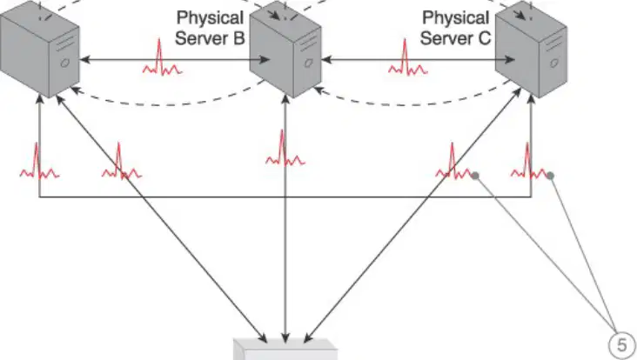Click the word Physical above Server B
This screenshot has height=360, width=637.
pos(210,18)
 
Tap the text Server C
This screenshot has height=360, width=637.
pos(456,38)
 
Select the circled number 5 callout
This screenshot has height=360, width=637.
pos(622,345)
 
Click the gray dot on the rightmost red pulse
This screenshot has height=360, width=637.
pos(550,176)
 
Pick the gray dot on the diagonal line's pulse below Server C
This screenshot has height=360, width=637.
pos(475,176)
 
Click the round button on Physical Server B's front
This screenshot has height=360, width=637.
pos(309,63)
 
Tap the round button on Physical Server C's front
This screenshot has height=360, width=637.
pos(554,63)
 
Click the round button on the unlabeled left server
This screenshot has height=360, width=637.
pos(64,63)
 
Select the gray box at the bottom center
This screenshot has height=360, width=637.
pos(285,350)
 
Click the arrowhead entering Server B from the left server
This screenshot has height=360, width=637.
pos(265,60)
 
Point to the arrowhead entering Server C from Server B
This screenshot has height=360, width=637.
pos(510,60)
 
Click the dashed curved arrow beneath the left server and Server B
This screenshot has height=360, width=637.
pos(166,104)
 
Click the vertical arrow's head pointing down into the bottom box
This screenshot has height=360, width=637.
pos(285,338)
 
